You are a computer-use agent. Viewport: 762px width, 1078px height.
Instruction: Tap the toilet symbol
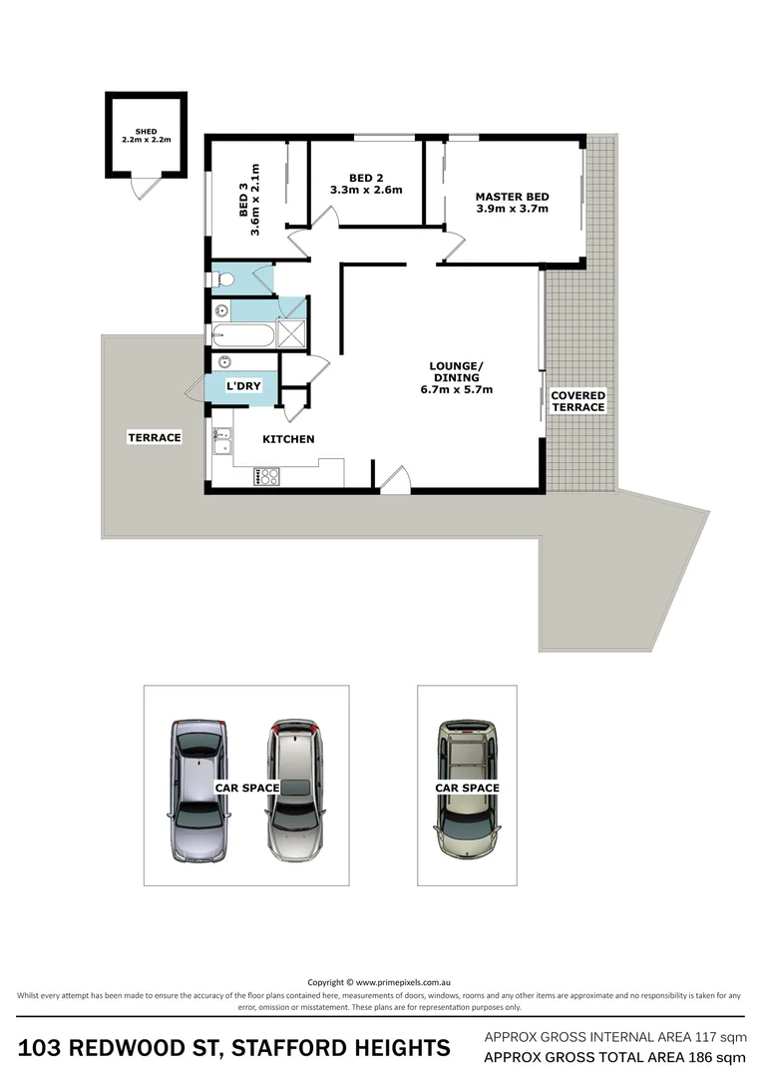221,278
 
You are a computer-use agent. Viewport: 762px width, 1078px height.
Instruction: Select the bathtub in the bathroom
242,335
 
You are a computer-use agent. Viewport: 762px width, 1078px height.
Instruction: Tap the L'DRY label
242,385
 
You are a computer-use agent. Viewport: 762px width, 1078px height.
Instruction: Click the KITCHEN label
288,439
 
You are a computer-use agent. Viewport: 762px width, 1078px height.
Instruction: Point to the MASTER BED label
512,197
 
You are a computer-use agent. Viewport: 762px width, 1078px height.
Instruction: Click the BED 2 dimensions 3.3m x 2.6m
366,190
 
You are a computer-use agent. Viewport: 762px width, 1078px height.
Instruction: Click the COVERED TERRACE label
577,401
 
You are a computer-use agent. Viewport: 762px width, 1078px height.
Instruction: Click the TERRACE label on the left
154,437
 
